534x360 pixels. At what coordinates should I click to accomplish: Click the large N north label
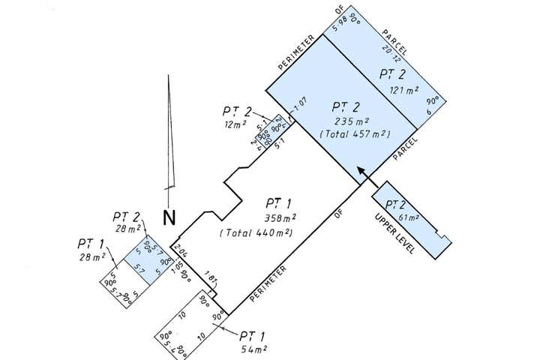tap(169, 218)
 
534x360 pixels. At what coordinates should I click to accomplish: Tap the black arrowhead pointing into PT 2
tap(361, 172)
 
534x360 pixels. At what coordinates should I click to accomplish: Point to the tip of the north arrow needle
tap(170, 79)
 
